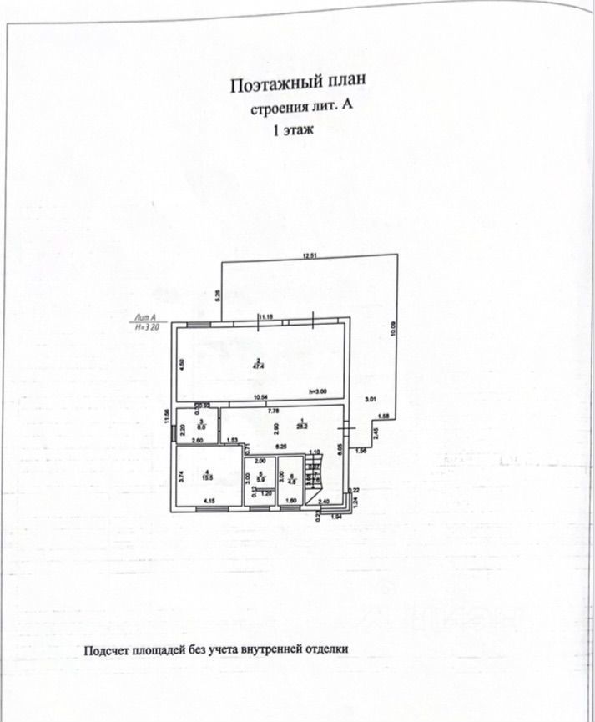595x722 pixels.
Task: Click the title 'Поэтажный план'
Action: click(298, 84)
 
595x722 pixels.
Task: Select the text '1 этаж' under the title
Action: click(294, 131)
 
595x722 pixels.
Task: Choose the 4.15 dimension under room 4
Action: click(211, 501)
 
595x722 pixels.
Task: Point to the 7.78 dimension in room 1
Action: click(272, 411)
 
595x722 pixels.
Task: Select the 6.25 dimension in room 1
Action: click(281, 447)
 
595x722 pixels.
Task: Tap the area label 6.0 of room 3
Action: click(201, 426)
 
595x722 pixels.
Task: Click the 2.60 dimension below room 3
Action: click(198, 440)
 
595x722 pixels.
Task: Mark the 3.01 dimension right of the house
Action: click(371, 400)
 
